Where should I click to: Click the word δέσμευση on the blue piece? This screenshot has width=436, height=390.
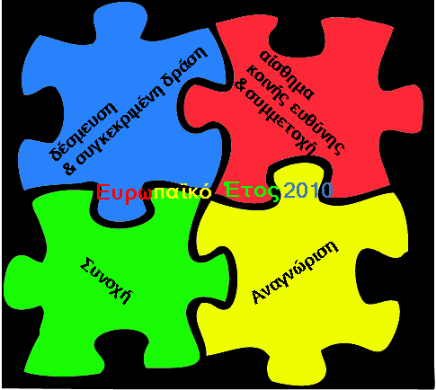click(84, 131)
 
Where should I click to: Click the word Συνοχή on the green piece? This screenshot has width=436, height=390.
click(106, 280)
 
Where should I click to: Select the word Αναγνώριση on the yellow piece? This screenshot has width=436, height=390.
click(295, 272)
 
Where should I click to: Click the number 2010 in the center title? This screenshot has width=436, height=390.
click(307, 191)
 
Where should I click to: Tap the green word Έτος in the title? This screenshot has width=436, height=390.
click(253, 190)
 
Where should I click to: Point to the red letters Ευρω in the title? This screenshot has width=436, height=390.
click(124, 193)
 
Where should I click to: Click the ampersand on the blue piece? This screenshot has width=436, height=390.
click(69, 168)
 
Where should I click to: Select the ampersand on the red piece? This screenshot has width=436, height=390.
click(240, 85)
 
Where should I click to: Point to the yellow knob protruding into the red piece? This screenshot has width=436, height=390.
click(299, 179)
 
